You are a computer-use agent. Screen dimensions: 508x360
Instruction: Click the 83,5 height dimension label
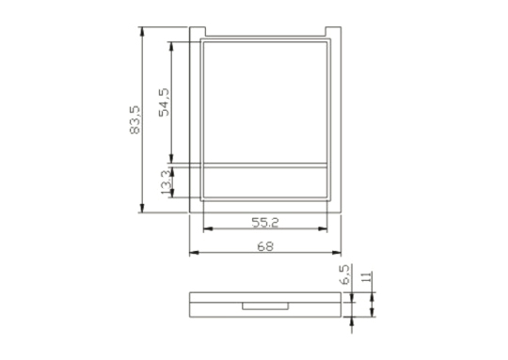point(135,119)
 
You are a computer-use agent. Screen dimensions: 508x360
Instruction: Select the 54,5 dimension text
point(164,102)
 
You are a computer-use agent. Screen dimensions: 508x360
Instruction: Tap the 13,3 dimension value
point(167,182)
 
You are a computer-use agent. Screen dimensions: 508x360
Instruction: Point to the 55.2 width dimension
point(265,223)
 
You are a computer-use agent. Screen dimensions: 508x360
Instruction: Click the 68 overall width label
point(265,246)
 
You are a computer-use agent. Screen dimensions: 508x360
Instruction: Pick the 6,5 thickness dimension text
point(345,274)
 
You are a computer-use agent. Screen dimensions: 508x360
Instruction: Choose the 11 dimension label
point(367,277)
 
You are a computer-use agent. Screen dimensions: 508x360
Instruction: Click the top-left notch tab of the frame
point(198,32)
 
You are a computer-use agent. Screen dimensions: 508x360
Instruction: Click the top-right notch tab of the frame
point(333,32)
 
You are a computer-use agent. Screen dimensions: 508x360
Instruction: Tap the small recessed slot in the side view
point(265,305)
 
